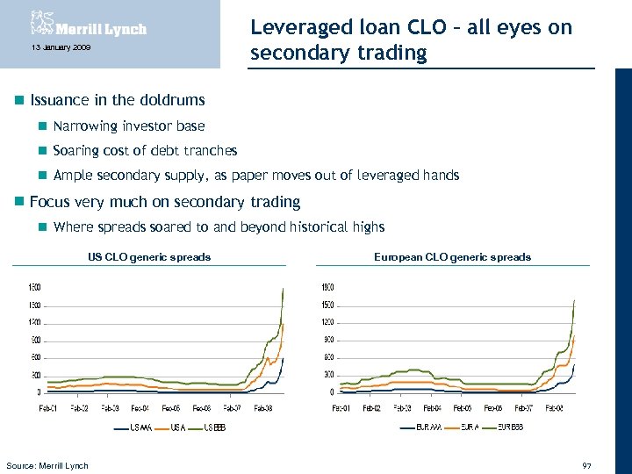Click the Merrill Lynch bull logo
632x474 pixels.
coord(42,23)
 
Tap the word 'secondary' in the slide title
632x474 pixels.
coord(295,54)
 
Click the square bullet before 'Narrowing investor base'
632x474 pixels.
coord(41,126)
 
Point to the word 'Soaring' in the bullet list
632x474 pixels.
coord(76,151)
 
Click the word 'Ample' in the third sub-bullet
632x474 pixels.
coord(73,176)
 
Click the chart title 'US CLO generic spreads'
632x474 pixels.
coord(149,257)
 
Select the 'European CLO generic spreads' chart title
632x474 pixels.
coord(452,257)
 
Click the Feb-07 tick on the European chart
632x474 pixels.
coord(523,408)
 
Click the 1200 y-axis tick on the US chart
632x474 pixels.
coord(34,322)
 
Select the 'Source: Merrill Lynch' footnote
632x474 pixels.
coord(47,465)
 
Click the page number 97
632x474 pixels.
coord(587,464)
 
